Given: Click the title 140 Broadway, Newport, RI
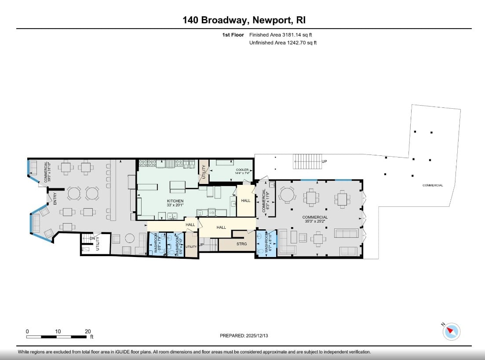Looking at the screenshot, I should point(244,20).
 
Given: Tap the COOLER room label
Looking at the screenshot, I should point(242,170).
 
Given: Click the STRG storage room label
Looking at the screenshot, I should point(241,243).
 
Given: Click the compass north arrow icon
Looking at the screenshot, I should point(452,331).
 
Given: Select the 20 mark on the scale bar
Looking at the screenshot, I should point(88,331).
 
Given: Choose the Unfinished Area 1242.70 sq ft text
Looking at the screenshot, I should point(283,43).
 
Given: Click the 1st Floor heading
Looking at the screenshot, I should point(233,35).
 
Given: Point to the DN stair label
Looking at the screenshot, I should point(92,239).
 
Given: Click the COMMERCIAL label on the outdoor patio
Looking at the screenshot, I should point(433,185).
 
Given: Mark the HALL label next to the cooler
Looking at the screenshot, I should point(245,201).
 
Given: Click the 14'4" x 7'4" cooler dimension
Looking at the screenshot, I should point(242,174).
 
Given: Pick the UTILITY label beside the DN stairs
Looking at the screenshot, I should point(98,243).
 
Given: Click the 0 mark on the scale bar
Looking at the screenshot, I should point(27,331).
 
